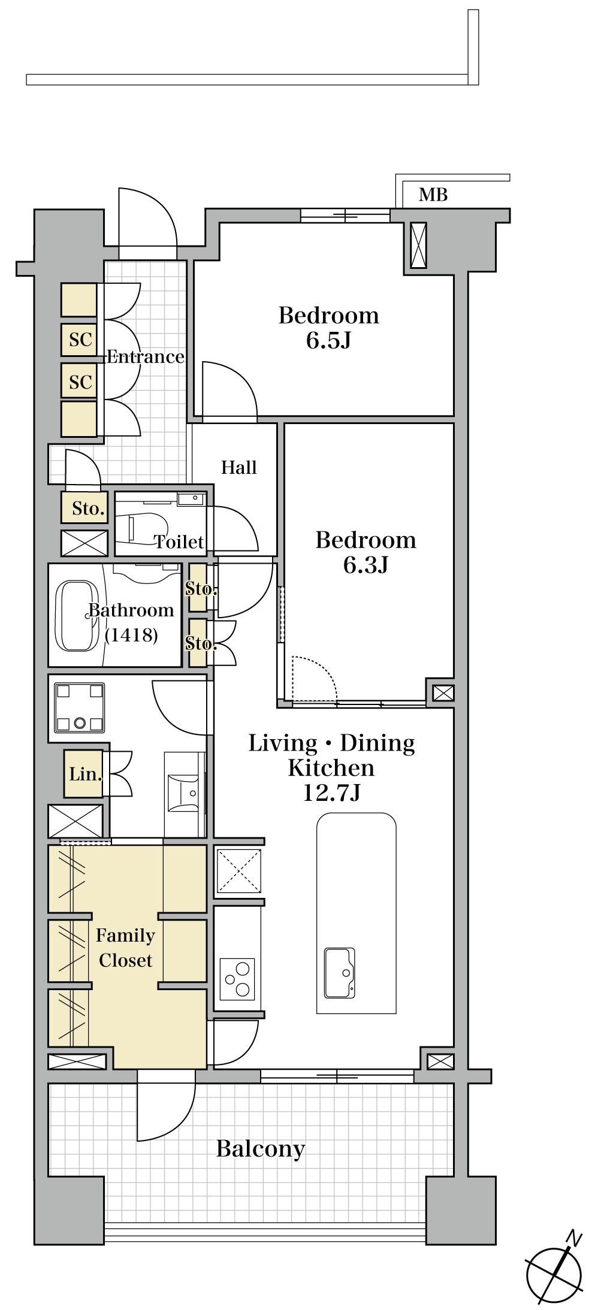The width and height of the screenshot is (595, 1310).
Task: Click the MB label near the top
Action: (x=433, y=195)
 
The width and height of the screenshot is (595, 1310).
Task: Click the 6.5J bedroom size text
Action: (x=328, y=341)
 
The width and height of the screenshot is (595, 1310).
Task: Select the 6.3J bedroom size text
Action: (x=366, y=565)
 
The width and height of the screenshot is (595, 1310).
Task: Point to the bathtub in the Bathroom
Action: (x=76, y=614)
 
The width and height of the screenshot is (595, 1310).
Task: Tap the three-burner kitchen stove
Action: (x=237, y=979)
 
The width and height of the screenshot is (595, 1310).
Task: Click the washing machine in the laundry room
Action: (x=79, y=707)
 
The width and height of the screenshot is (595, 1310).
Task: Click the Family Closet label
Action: (x=125, y=948)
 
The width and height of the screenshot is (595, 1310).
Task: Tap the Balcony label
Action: (x=261, y=1149)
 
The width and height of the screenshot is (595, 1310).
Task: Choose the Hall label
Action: (x=239, y=467)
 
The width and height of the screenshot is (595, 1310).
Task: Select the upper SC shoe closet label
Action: (x=80, y=340)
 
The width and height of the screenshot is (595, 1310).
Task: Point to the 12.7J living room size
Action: (x=331, y=792)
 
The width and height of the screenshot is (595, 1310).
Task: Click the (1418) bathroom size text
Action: (x=131, y=635)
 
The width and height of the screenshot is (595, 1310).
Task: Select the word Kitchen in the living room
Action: (x=331, y=767)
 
